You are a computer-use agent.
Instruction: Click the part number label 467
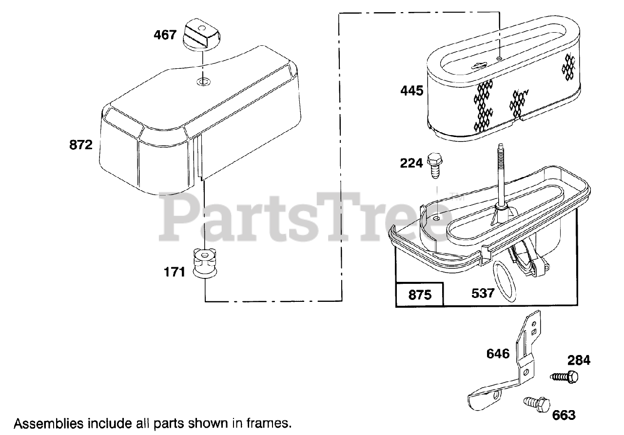pyautogui.click(x=165, y=35)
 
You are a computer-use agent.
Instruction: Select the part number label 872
pyautogui.click(x=81, y=144)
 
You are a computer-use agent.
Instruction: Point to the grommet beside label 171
pyautogui.click(x=204, y=264)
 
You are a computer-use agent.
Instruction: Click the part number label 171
pyautogui.click(x=175, y=272)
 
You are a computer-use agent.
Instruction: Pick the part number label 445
pyautogui.click(x=412, y=91)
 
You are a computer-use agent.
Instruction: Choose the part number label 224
pyautogui.click(x=411, y=163)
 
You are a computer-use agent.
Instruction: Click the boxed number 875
pyautogui.click(x=420, y=295)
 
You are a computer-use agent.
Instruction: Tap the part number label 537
pyautogui.click(x=483, y=293)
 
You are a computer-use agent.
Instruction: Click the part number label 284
pyautogui.click(x=579, y=360)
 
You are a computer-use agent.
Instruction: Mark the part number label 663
pyautogui.click(x=564, y=415)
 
